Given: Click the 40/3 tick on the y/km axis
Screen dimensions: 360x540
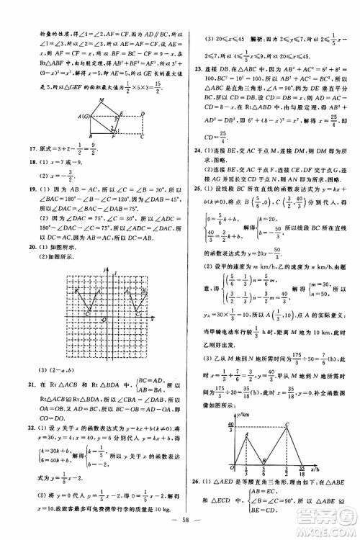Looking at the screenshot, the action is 229,431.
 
